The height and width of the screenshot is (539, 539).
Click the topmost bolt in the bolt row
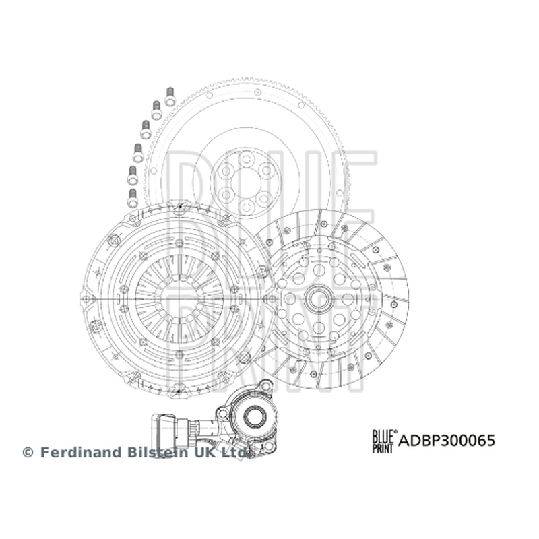tap(170, 96)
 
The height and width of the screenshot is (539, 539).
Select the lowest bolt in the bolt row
tap(132, 198)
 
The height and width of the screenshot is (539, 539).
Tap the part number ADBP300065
tap(447, 441)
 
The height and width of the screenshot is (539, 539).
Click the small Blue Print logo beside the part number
tap(384, 441)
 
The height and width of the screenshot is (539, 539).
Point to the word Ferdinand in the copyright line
tap(82, 452)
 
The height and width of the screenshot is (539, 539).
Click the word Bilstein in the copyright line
tap(158, 452)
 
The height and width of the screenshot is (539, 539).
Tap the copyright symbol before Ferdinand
tap(28, 453)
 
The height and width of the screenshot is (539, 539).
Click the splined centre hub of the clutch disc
tap(321, 299)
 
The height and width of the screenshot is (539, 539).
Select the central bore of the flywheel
tap(246, 184)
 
